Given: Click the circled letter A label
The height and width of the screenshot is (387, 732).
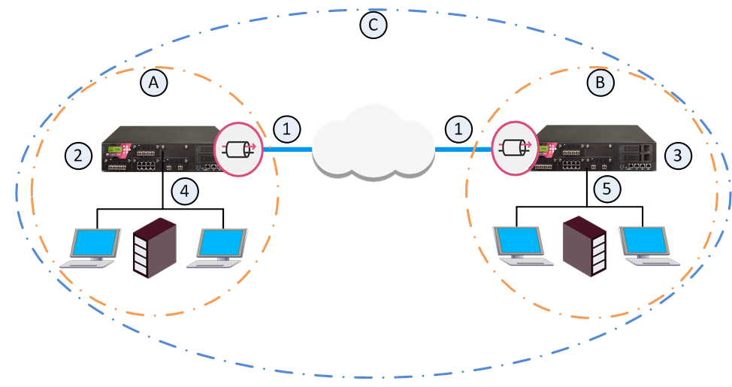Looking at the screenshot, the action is (153, 83).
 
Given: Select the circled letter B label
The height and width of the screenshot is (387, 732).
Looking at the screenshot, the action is (600, 83).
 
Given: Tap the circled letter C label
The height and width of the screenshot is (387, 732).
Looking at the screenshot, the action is (374, 24).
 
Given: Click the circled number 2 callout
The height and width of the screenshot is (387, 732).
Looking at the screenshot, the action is (78, 155).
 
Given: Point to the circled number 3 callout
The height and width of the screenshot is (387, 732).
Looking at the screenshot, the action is (677, 155).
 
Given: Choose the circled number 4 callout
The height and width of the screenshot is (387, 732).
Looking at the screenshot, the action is (185, 191).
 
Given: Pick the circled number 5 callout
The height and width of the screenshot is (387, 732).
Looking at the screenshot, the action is (606, 189).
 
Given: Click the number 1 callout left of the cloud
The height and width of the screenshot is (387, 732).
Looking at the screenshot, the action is (286, 128).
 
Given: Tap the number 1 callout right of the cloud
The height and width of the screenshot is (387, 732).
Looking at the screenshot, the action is (458, 128).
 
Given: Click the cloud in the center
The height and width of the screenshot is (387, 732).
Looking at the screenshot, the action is (374, 142).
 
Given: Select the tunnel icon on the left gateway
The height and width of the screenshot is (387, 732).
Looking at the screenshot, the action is (238, 149).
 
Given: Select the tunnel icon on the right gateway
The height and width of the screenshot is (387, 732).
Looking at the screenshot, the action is (515, 148).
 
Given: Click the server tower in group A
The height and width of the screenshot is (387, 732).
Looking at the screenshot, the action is (155, 248).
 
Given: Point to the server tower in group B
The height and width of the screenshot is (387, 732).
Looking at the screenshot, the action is (585, 246).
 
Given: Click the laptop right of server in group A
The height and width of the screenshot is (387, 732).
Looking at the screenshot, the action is (217, 248).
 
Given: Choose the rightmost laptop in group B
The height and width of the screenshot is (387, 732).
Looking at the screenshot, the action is (649, 246).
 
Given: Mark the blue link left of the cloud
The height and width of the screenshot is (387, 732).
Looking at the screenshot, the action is (288, 150).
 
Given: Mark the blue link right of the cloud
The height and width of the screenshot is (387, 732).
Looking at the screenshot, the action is (463, 150).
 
